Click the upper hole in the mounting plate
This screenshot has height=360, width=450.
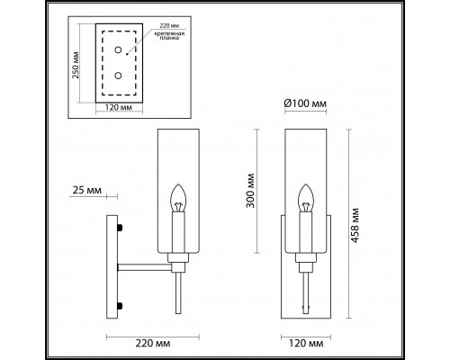click(118, 52)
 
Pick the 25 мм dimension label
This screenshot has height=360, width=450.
click(86, 191)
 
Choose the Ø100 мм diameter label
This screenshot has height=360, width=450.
click(302, 102)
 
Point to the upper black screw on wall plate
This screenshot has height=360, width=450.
click(119, 229)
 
